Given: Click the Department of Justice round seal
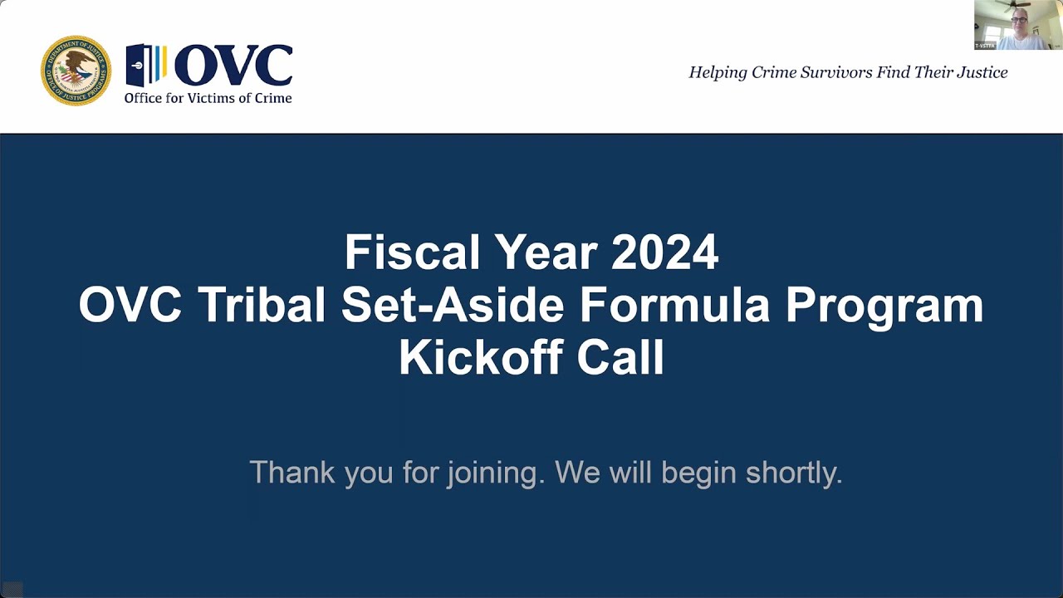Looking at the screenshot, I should click(76, 71).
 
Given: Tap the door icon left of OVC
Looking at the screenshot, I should click(145, 66).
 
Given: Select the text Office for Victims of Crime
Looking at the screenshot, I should click(208, 98).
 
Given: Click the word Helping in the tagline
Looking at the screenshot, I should click(718, 73).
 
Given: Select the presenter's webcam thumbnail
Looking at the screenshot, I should click(1017, 25).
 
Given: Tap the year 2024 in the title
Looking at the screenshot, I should click(664, 252).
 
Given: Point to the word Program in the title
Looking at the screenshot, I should click(884, 305).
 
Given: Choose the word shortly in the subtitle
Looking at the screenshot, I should click(793, 473).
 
